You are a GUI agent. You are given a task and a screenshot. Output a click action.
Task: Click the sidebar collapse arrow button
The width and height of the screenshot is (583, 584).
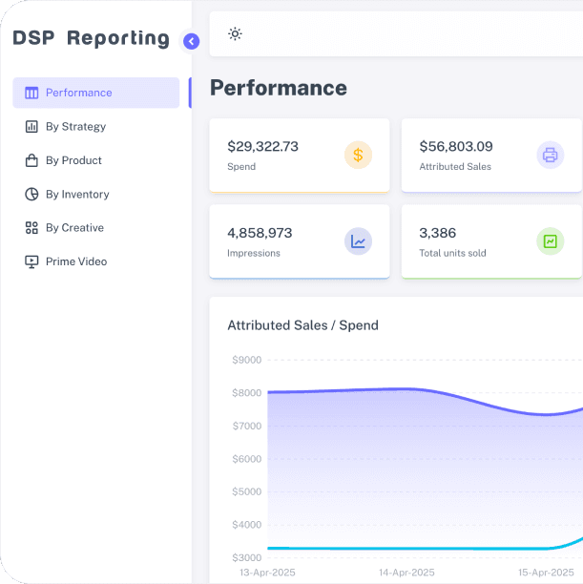click(191, 41)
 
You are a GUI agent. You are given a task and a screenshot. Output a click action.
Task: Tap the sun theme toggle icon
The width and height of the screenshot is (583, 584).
click(235, 34)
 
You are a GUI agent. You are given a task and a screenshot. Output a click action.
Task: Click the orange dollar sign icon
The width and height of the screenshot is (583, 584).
click(358, 155)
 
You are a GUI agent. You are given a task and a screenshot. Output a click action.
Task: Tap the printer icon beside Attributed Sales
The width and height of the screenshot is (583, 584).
click(550, 155)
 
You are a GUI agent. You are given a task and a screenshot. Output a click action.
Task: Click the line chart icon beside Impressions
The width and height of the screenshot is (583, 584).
click(358, 241)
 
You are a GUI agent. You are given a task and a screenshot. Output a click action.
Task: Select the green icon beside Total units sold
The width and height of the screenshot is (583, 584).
click(550, 241)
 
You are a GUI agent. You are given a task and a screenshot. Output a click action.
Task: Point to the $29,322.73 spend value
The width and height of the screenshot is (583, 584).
click(262, 146)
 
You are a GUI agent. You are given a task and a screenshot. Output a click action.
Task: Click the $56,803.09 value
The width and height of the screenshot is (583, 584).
click(456, 146)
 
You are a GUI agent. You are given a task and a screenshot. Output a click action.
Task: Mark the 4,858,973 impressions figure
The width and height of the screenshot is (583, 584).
click(260, 233)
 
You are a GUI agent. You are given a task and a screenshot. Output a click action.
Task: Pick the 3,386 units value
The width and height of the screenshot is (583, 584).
click(437, 233)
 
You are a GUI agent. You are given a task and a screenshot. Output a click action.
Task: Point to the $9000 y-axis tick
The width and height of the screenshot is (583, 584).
click(246, 360)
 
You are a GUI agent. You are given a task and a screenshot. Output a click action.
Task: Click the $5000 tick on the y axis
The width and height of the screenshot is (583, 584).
click(246, 491)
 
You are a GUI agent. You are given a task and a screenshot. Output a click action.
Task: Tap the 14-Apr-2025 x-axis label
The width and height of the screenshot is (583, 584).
click(406, 573)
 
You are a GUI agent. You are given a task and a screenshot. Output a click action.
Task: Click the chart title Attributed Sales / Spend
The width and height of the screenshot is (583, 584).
click(302, 325)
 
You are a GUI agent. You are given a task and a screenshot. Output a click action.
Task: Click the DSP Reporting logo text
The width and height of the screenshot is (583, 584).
click(91, 38)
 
